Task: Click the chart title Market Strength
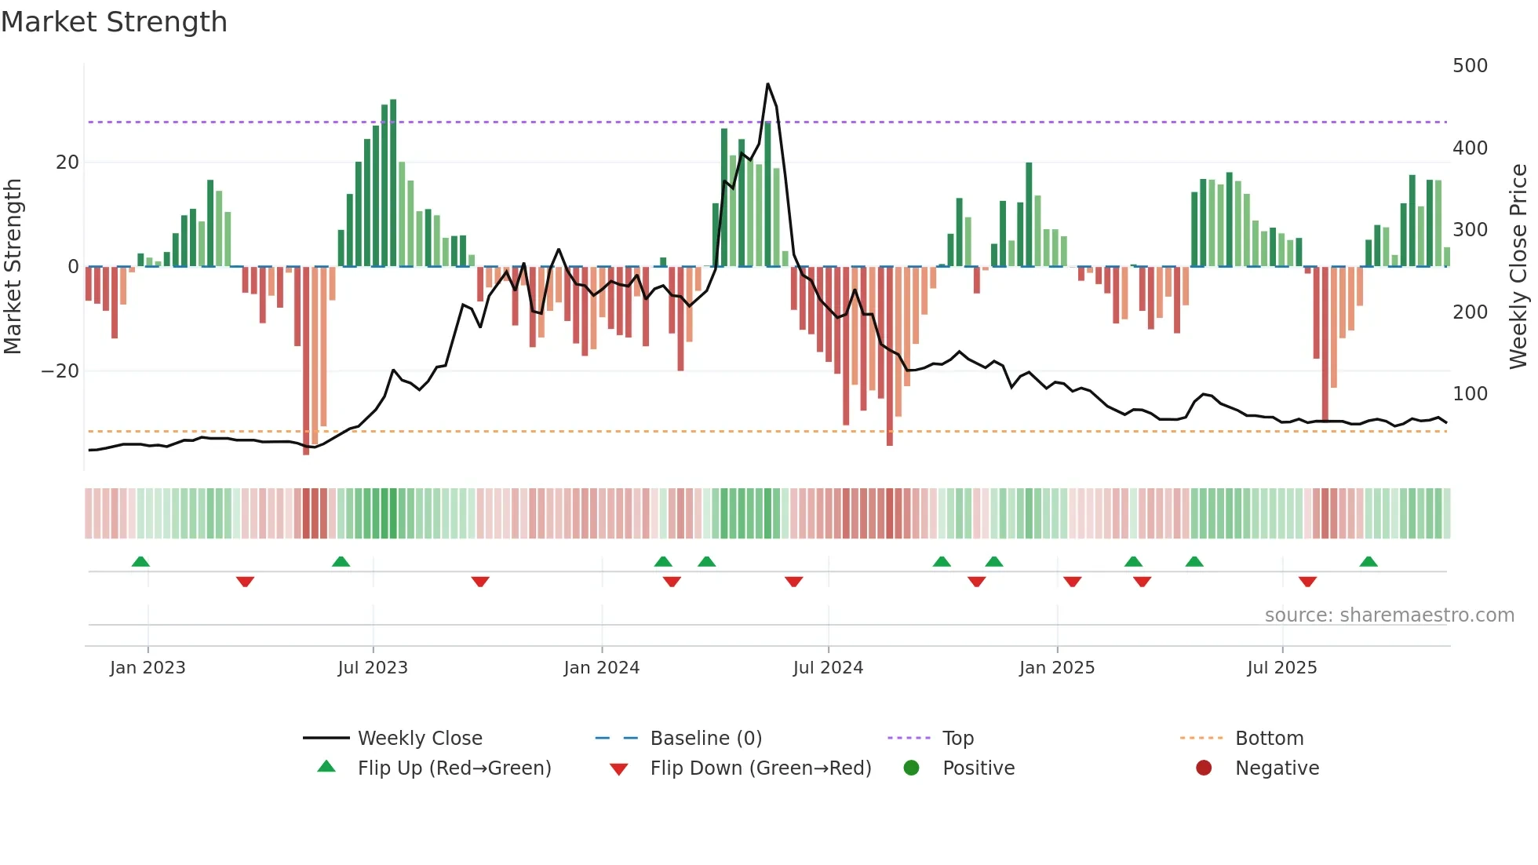click(114, 22)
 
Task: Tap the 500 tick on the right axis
click(1469, 66)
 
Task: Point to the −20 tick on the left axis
click(60, 371)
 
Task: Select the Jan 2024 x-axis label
click(601, 668)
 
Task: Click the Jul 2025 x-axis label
click(1281, 668)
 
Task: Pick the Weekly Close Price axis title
click(1518, 267)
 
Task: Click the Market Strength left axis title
click(13, 267)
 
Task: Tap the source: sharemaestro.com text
click(1389, 615)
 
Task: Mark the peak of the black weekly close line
click(767, 84)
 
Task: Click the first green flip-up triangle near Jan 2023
click(140, 562)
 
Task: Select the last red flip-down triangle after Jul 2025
click(1307, 582)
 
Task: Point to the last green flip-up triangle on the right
click(1369, 562)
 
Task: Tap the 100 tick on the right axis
click(1469, 394)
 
